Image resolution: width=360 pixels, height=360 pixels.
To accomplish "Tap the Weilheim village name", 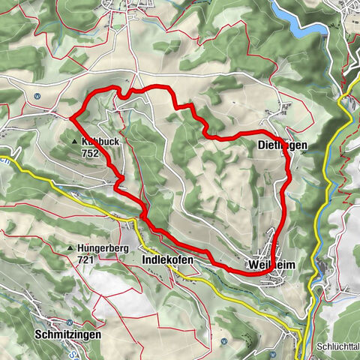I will [269, 265].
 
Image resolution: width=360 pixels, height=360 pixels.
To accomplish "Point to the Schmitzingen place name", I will [68, 333].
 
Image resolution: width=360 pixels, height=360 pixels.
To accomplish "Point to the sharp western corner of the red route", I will [72, 117].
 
